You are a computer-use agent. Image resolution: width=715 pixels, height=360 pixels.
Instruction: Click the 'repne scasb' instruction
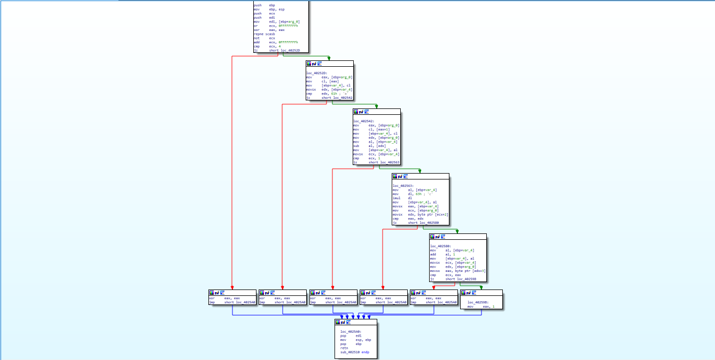click(264, 34)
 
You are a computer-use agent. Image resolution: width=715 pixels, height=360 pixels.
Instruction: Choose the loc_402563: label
click(403, 185)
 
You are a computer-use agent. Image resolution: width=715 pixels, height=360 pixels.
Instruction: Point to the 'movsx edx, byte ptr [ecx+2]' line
click(420, 215)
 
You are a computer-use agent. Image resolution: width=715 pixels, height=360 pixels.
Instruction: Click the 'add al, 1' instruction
click(441, 254)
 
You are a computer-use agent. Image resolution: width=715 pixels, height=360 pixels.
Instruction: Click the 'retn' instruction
click(344, 348)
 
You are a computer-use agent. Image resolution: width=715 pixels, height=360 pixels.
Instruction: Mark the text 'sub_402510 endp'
click(355, 353)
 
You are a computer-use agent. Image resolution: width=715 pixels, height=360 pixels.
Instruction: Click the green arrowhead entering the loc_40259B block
click(481, 287)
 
